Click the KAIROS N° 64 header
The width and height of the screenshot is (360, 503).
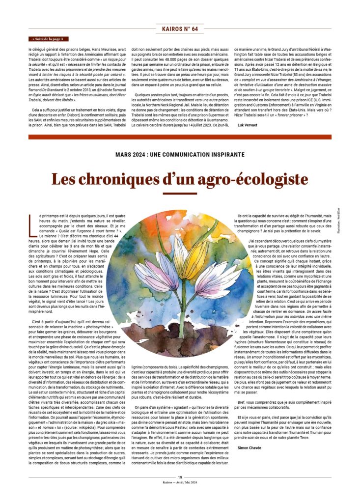(180, 29)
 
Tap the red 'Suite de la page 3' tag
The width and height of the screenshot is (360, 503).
(49, 39)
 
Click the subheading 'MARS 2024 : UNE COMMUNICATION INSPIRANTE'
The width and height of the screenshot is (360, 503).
(180, 154)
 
